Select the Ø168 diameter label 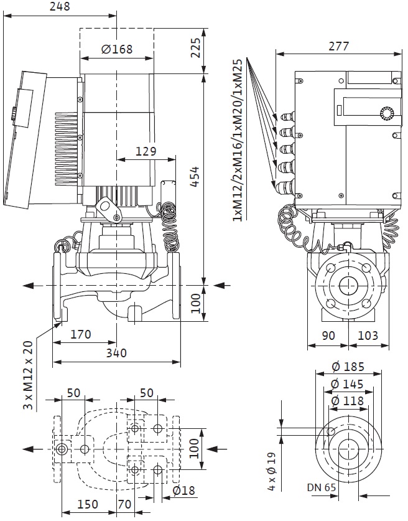[117, 49]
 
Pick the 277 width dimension [338, 45]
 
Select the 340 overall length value [116, 353]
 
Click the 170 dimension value [80, 335]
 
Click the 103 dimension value [368, 335]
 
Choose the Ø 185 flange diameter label [348, 367]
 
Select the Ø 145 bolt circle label [348, 384]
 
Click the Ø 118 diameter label [348, 401]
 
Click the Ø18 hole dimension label [183, 490]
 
